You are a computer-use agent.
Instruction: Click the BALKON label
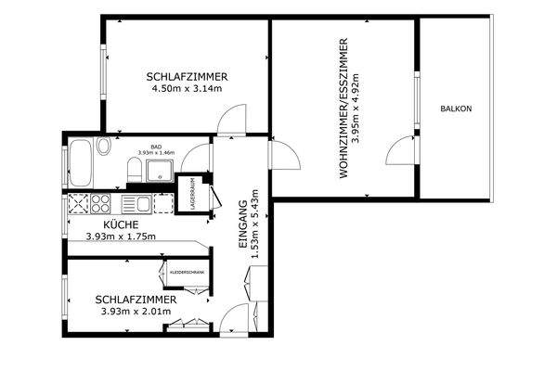(x=456, y=109)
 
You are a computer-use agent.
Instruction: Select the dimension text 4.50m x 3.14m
(x=188, y=89)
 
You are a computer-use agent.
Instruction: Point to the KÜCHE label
(x=121, y=224)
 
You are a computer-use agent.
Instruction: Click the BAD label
(x=157, y=146)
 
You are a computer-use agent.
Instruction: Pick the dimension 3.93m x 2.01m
(x=136, y=312)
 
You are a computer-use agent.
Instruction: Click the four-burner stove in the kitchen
(x=79, y=204)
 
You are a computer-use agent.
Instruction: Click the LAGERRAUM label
(x=193, y=194)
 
